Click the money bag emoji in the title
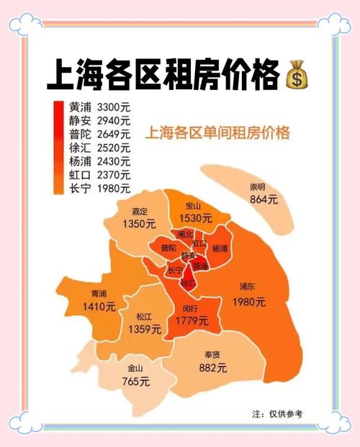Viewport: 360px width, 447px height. click(x=297, y=75)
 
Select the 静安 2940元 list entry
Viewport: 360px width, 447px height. click(x=100, y=120)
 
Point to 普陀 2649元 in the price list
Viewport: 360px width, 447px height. click(x=100, y=134)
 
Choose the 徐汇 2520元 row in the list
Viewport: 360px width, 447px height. click(x=100, y=148)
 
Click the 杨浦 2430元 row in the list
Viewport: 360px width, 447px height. click(x=100, y=161)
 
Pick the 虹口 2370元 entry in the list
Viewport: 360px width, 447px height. click(x=100, y=175)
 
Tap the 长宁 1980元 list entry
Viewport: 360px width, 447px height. click(x=100, y=189)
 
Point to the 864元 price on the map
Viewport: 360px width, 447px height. click(x=264, y=200)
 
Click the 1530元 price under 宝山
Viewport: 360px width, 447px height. click(x=197, y=217)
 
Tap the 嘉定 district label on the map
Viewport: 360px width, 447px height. click(x=139, y=212)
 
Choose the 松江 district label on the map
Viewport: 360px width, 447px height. click(x=144, y=317)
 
